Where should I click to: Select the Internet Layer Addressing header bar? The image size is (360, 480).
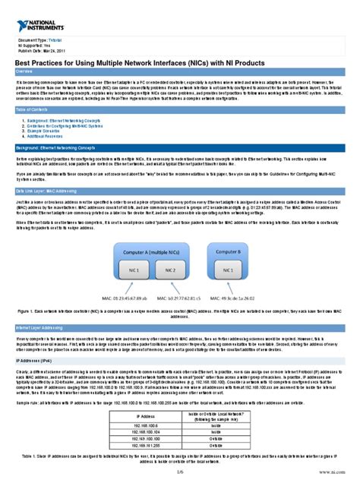[x=179, y=327]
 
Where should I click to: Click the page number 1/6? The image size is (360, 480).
[x=180, y=472]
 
